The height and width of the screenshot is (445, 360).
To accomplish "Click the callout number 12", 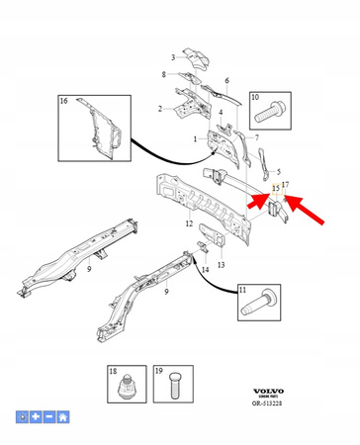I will tap(189, 224).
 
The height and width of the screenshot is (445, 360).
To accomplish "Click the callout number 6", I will tap(226, 81).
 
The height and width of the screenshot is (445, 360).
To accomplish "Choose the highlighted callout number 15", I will tap(276, 186).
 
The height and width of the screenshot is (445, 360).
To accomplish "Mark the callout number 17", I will tap(286, 185).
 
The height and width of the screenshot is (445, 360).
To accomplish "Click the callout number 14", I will tap(204, 269).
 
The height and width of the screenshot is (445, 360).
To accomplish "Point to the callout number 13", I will tap(221, 265).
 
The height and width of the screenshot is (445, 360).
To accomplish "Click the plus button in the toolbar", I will tap(36, 417).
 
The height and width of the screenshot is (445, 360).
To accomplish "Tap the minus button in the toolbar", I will tap(49, 417).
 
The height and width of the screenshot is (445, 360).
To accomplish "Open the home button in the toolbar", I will tap(63, 417).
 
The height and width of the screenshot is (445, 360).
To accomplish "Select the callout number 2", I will tap(160, 109).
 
